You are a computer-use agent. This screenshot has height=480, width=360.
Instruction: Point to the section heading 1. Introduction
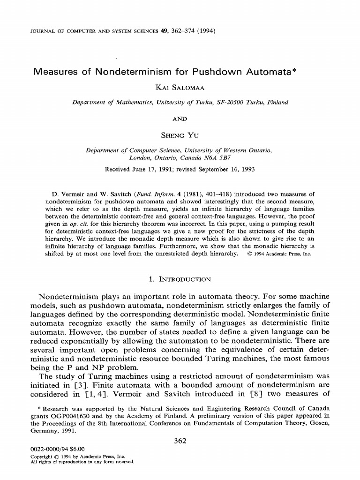tap(180, 280)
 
